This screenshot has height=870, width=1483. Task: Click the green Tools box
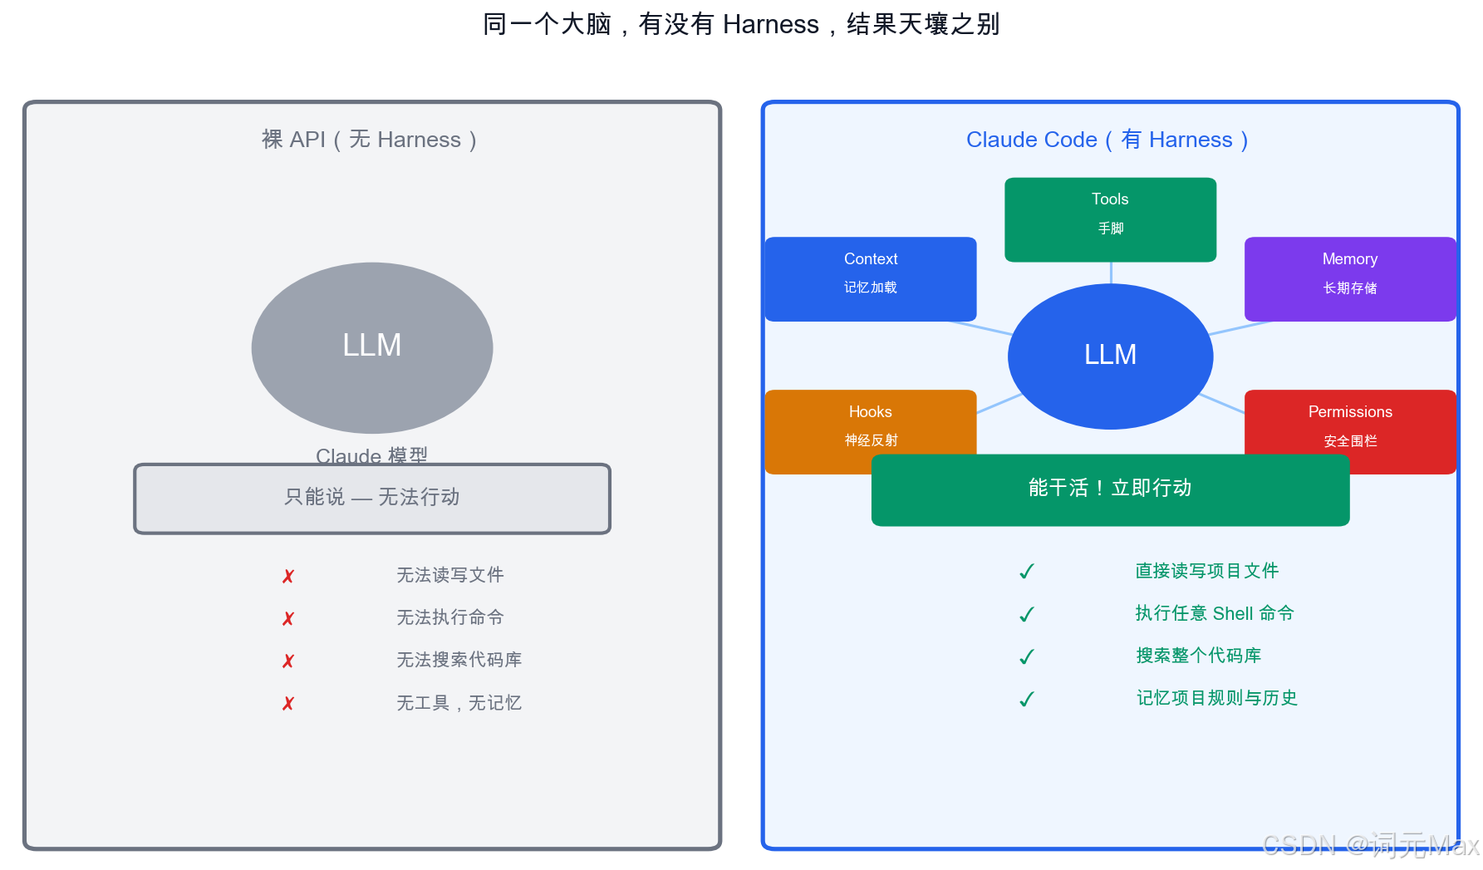[x=1110, y=219]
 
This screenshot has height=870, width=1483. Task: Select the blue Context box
[x=870, y=278]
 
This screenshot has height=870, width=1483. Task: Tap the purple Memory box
[x=1349, y=278]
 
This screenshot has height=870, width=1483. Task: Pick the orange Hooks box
[x=870, y=424]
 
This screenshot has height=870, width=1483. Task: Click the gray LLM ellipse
[x=372, y=347]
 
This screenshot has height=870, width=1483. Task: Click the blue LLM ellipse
[x=1110, y=356]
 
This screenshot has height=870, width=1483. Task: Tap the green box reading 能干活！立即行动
[x=1110, y=489]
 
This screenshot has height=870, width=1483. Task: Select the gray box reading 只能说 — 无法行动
[x=372, y=498]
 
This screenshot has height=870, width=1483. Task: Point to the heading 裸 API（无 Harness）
[x=370, y=140]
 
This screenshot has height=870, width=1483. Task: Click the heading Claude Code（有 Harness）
[x=1107, y=140]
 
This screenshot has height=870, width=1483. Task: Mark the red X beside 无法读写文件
[x=288, y=576]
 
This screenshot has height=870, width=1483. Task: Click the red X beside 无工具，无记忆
[x=288, y=704]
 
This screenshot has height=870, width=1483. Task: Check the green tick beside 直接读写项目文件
[x=1027, y=572]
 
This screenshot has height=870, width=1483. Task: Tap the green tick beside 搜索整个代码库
[x=1027, y=656]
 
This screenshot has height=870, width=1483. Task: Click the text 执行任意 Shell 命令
[x=1215, y=613]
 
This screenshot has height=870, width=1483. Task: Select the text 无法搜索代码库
[x=459, y=660]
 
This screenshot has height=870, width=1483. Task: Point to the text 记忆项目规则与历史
[x=1217, y=698]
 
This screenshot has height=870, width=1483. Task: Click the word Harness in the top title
[x=770, y=24]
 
